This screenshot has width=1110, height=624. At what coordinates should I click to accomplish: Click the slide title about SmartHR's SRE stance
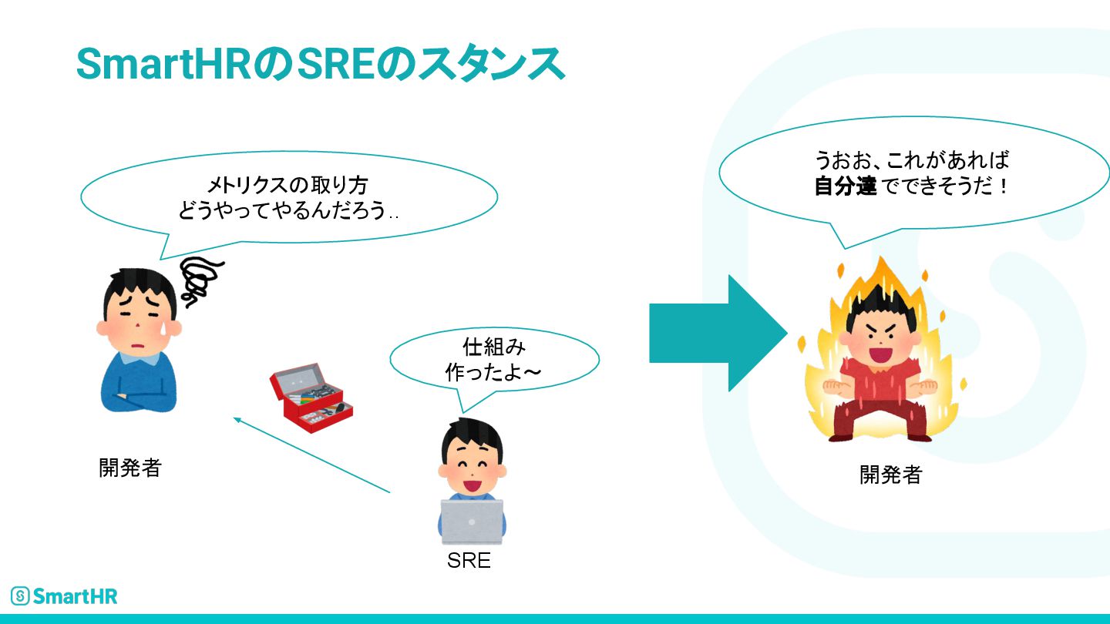[320, 64]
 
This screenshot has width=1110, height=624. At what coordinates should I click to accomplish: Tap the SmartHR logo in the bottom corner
[65, 595]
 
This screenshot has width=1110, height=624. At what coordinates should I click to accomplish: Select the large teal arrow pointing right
[717, 333]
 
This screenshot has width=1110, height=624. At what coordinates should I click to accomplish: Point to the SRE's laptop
[471, 522]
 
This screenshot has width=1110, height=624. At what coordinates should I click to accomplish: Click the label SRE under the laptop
[469, 561]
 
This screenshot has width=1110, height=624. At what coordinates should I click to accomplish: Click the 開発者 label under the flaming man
[890, 475]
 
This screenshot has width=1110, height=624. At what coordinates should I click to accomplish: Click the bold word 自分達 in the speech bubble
[846, 186]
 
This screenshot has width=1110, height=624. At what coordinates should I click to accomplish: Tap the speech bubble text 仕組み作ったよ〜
[493, 358]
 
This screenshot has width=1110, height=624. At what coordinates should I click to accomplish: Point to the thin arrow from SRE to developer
[312, 455]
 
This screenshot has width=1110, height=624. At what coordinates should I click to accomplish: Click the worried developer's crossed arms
[139, 394]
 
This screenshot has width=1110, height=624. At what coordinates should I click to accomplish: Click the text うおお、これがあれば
[911, 160]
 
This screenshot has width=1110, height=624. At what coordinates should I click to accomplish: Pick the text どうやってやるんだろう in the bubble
[283, 210]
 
